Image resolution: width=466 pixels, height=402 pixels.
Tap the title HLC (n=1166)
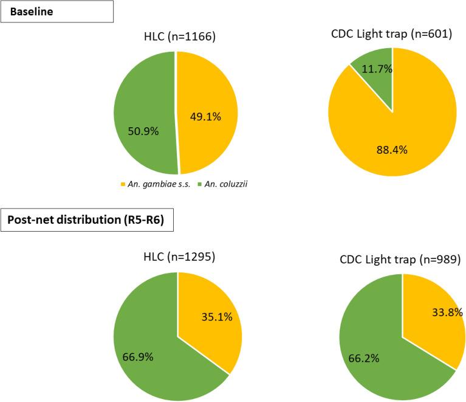pyautogui.click(x=176, y=38)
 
